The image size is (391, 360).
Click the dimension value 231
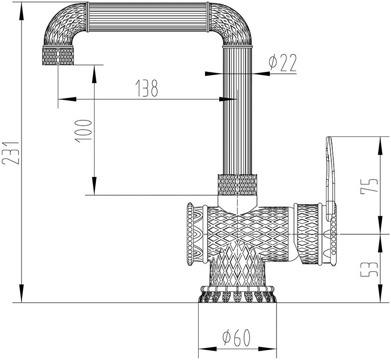coord(11,153)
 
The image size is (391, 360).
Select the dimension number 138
coord(146,88)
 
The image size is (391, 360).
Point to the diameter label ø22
coord(282,63)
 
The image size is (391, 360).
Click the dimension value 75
coord(369,185)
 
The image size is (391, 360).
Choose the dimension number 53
coord(370,268)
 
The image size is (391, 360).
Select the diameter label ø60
coord(235,337)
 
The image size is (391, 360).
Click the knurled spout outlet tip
coord(58,57)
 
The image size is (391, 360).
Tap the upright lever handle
coord(330,171)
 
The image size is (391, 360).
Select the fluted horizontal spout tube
coord(147,17)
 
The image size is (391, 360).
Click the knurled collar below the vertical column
coord(237,185)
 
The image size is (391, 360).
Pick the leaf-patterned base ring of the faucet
coord(237,296)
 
